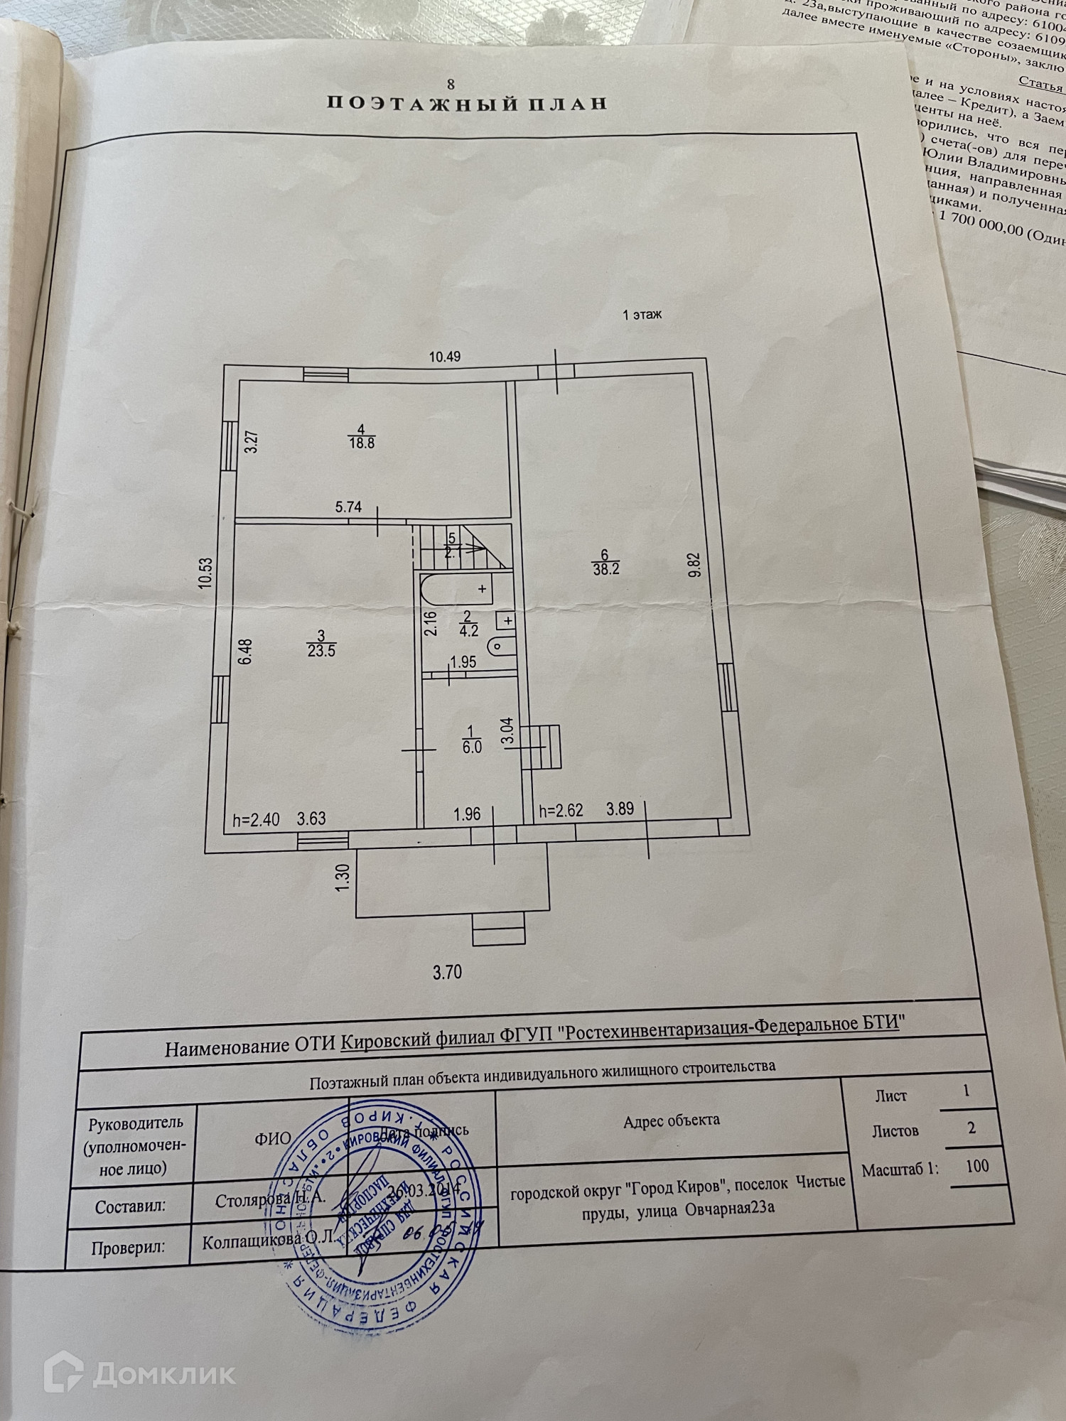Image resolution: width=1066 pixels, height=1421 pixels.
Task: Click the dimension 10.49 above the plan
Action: [x=445, y=357]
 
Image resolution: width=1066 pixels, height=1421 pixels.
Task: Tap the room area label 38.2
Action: [x=605, y=568]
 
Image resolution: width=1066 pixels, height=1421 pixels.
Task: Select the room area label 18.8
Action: [x=362, y=443]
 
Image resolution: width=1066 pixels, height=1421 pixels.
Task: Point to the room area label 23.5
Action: [x=321, y=649]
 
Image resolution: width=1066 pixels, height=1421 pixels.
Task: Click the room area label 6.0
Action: [x=472, y=747]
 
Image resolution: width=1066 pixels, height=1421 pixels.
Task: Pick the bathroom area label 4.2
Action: [x=469, y=630]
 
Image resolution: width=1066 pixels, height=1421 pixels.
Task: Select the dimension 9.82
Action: [x=695, y=565]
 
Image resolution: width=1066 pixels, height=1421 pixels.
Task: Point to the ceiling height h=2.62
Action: [x=561, y=810]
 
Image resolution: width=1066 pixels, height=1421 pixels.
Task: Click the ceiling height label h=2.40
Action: [x=256, y=819]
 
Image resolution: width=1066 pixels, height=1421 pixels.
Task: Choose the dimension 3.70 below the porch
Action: [x=448, y=971]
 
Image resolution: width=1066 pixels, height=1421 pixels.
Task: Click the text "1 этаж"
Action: [x=642, y=314]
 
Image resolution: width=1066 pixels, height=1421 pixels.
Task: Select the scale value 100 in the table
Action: [x=977, y=1166]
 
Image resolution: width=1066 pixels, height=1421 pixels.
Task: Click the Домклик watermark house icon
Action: [x=63, y=1374]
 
